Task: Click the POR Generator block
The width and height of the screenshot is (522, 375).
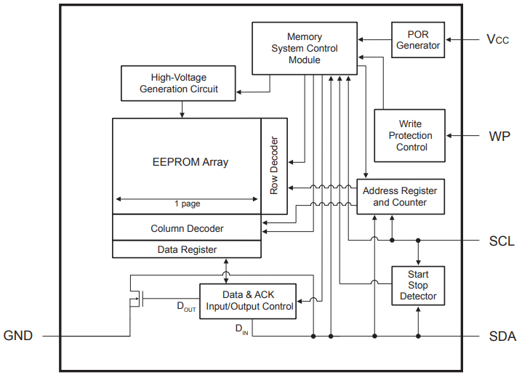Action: click(x=418, y=40)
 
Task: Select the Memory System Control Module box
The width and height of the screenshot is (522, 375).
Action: click(x=305, y=48)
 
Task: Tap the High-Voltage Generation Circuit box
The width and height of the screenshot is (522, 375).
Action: click(x=178, y=83)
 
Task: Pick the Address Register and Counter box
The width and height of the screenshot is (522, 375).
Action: click(x=400, y=196)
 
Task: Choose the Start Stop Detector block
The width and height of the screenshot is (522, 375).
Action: click(x=418, y=286)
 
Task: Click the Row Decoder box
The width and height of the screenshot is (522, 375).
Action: click(x=274, y=166)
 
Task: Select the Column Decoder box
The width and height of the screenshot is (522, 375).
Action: click(x=187, y=228)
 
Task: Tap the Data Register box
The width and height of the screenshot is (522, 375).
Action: click(x=187, y=249)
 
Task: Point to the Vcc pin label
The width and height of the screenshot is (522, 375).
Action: click(x=498, y=39)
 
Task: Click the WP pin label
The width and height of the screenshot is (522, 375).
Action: click(x=499, y=136)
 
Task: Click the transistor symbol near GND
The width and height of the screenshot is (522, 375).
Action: click(x=136, y=297)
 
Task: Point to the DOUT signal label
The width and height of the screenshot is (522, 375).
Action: click(x=186, y=307)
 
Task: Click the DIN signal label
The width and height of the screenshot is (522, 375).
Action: click(x=241, y=329)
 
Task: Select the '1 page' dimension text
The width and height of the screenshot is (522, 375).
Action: click(x=187, y=204)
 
